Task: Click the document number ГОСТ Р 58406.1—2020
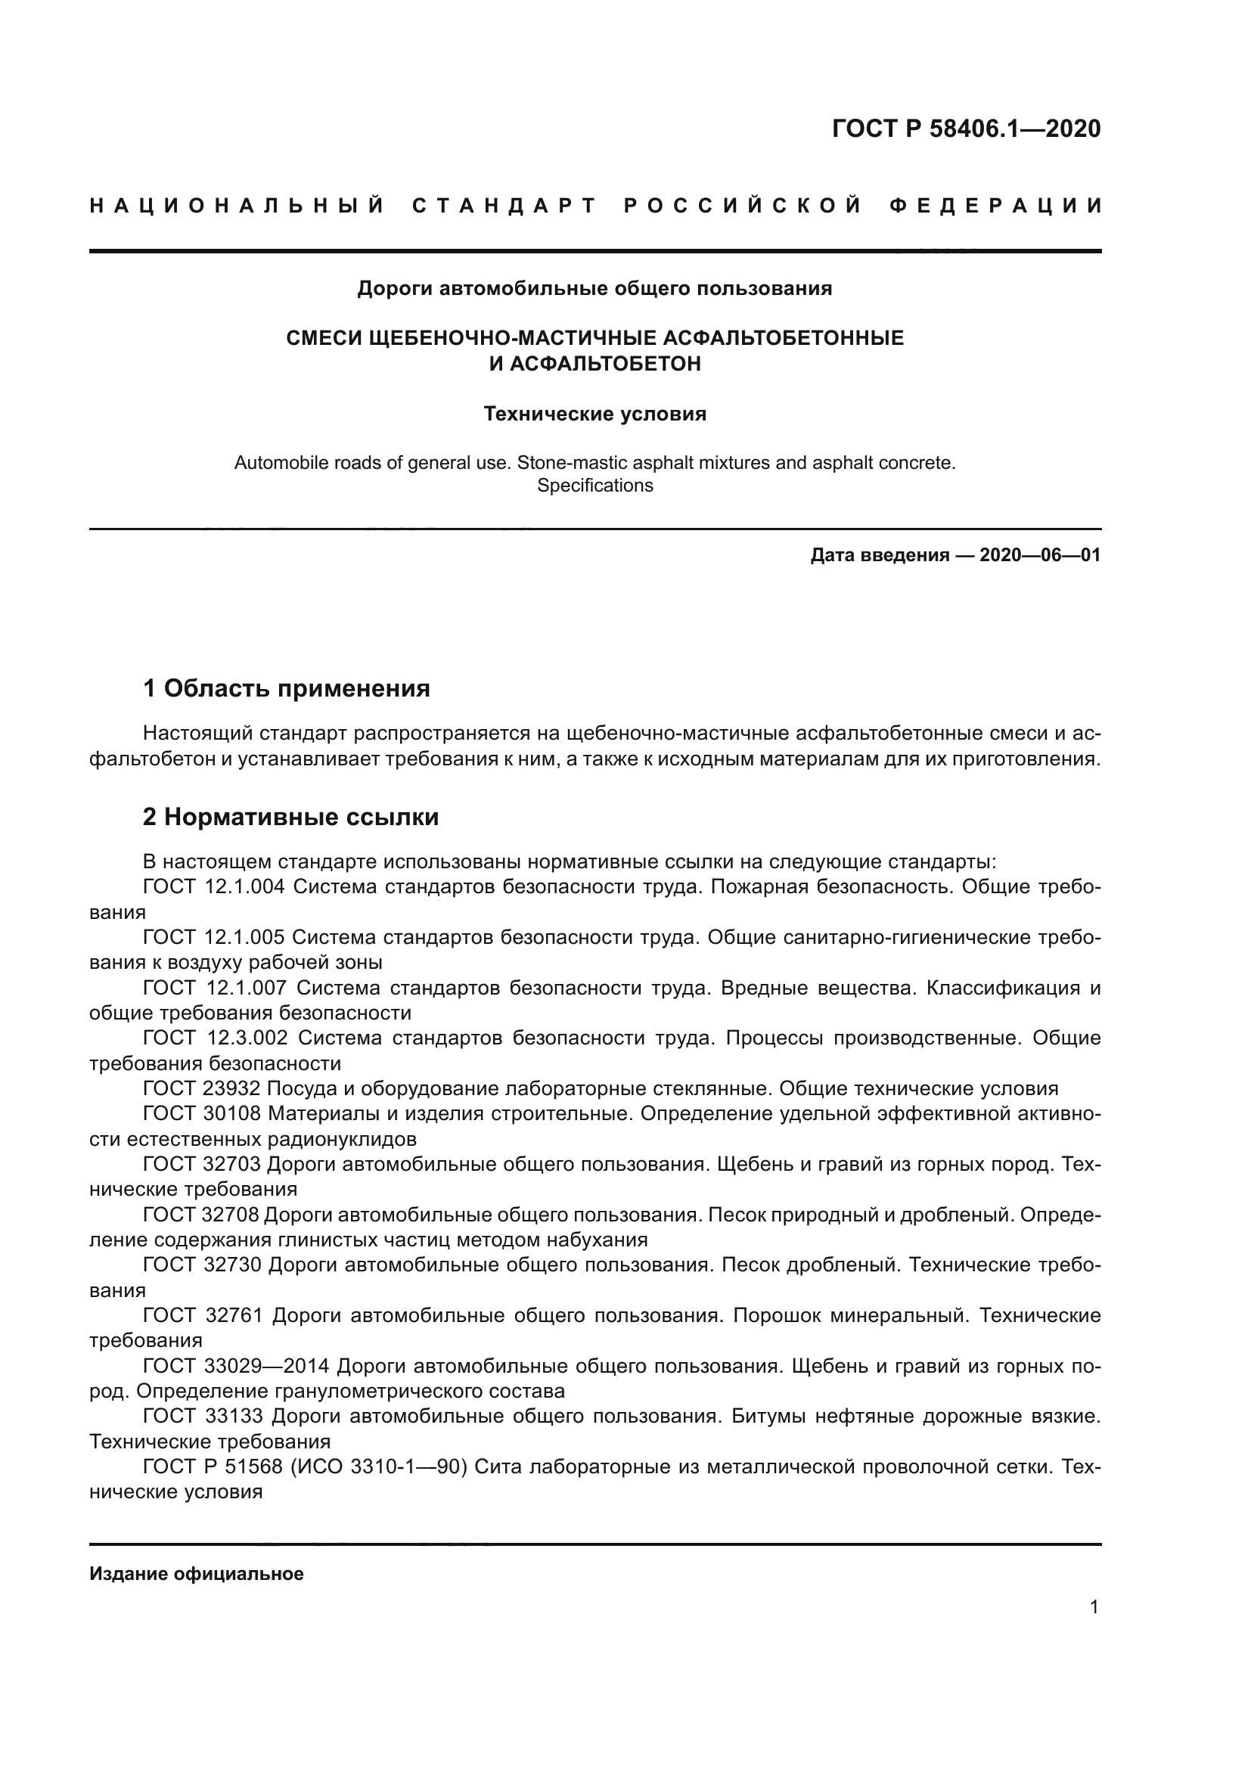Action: tap(966, 129)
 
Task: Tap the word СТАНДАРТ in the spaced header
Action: tap(504, 206)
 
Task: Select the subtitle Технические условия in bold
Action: tap(594, 414)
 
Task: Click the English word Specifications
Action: tap(594, 486)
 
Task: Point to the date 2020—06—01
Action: tap(1040, 554)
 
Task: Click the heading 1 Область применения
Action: tap(287, 688)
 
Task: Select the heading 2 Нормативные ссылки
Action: tap(290, 817)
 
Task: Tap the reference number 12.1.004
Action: tap(245, 887)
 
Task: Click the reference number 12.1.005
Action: tap(245, 937)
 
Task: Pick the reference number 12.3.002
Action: tap(247, 1038)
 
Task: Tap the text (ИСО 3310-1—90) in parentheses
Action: tap(379, 1467)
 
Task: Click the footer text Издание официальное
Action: tap(197, 1574)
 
